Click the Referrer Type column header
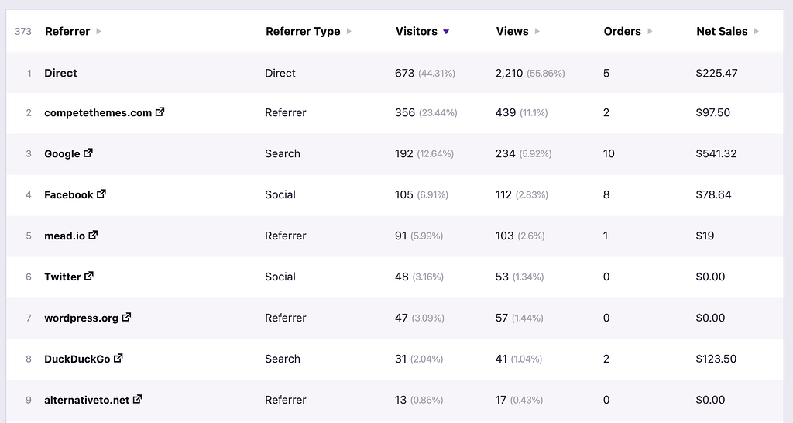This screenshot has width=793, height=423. click(x=303, y=32)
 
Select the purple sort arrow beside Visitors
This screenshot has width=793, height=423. click(x=446, y=32)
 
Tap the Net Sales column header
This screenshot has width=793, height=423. click(x=722, y=32)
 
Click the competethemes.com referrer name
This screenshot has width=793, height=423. click(x=98, y=113)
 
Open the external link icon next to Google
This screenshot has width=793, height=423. click(x=88, y=153)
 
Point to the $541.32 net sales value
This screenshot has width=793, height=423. click(x=716, y=154)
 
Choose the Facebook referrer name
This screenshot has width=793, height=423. click(x=68, y=195)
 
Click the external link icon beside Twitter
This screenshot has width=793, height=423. click(x=89, y=277)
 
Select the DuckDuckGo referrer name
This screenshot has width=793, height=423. click(x=77, y=359)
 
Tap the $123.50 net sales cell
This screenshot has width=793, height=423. click(x=716, y=359)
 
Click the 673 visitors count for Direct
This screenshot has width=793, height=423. click(x=405, y=74)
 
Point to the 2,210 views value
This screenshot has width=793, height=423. click(x=510, y=74)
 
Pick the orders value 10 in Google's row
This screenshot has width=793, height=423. click(x=609, y=154)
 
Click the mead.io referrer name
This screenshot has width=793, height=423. click(x=64, y=236)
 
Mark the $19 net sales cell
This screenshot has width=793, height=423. click(x=705, y=236)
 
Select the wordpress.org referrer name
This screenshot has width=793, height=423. click(x=81, y=318)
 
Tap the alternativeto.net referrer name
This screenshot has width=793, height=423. click(x=87, y=401)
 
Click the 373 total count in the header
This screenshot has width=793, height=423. click(x=23, y=32)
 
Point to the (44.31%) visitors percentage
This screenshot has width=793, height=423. click(x=437, y=74)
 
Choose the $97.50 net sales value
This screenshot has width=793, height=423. click(x=713, y=113)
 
